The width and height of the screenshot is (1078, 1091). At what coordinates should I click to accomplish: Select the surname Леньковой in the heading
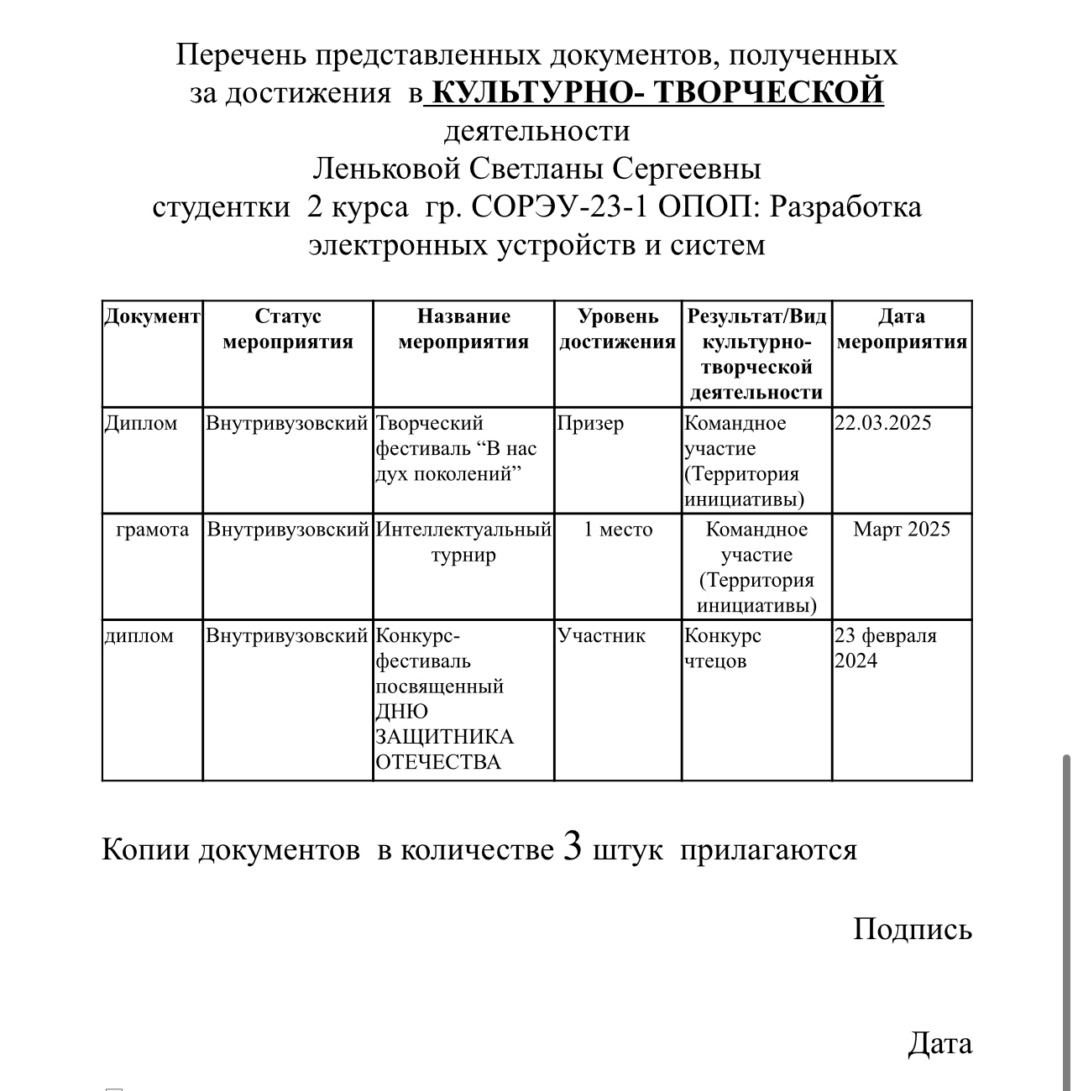[x=386, y=169]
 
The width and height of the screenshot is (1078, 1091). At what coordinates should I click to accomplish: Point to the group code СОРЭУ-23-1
[x=560, y=206]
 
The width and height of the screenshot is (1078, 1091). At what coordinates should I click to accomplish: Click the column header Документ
[x=152, y=316]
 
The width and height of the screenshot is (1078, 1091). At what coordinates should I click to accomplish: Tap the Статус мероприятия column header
[x=288, y=329]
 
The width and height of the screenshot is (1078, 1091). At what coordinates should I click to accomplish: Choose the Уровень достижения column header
[x=618, y=329]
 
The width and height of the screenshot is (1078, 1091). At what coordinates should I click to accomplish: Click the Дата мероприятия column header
[x=902, y=329]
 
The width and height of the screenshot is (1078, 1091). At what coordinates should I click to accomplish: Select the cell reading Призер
[x=591, y=423]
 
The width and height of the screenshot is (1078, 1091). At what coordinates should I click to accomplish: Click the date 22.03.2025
[x=882, y=423]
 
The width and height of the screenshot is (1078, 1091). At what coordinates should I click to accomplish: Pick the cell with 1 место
[x=618, y=530]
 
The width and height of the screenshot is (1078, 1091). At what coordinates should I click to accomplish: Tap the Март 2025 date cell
[x=902, y=530]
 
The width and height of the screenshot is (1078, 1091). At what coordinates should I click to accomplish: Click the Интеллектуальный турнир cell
[x=463, y=542]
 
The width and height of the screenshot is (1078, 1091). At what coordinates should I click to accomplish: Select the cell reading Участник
[x=601, y=635]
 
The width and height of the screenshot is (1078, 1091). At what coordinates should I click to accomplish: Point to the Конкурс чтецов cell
[x=723, y=648]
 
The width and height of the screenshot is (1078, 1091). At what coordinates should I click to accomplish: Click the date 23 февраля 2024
[x=885, y=648]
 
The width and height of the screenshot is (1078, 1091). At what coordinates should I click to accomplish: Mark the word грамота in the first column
[x=152, y=530]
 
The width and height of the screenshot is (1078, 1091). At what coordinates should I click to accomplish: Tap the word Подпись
[x=913, y=929]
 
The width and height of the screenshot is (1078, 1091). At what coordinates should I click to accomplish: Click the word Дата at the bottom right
[x=939, y=1043]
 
